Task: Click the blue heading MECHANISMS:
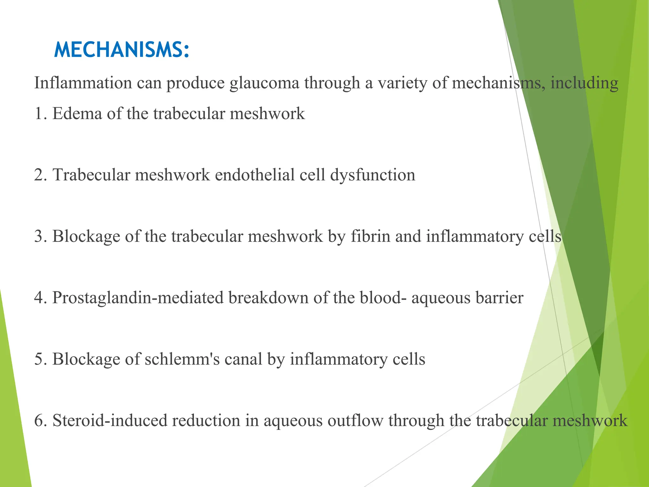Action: pos(122,50)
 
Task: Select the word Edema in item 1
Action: pos(77,114)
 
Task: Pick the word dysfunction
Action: pos(373,175)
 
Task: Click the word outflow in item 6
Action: pos(355,421)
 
